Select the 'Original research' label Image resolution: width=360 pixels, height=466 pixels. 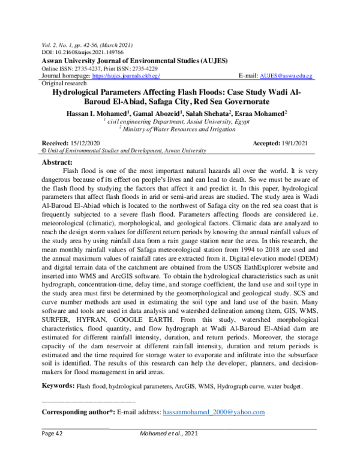tap(62, 85)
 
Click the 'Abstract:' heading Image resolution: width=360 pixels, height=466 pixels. tap(56, 162)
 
